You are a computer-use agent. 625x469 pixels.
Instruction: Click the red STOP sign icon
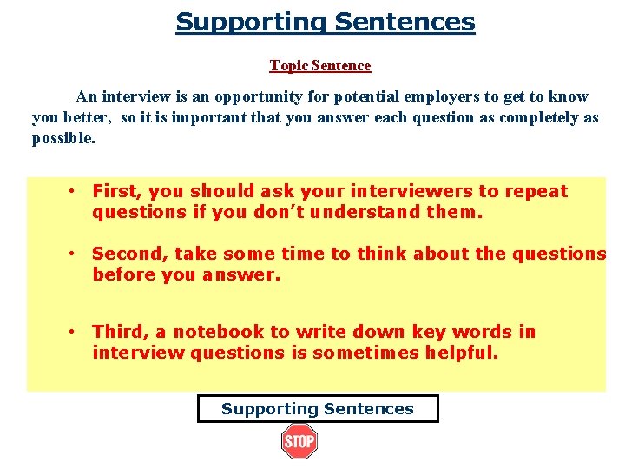click(x=299, y=441)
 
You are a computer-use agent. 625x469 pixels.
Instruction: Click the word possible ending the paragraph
click(x=62, y=139)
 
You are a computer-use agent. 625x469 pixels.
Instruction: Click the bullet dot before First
click(x=76, y=191)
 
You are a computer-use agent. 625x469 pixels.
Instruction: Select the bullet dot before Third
click(x=76, y=332)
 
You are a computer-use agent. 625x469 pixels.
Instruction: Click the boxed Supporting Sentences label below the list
click(x=318, y=409)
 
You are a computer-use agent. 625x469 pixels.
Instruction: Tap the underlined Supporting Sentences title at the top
click(x=326, y=22)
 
